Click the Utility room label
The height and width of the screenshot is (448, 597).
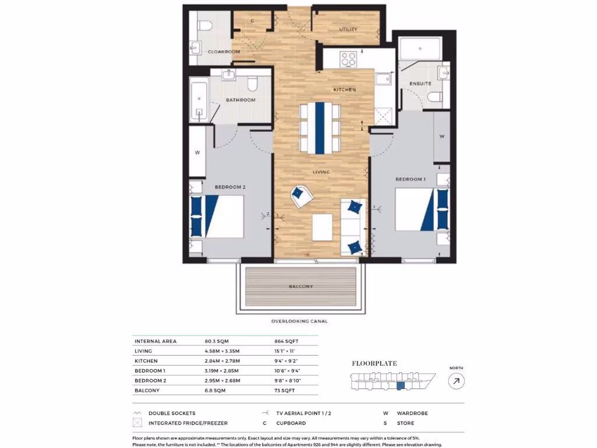click(x=348, y=29)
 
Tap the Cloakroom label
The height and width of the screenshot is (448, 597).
click(x=224, y=52)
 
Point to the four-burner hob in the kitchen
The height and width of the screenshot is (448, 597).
click(x=349, y=59)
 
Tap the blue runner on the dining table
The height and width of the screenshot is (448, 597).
click(x=319, y=128)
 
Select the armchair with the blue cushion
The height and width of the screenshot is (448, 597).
click(x=301, y=195)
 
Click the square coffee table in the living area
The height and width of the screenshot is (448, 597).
click(x=322, y=228)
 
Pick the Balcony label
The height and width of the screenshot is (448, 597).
click(x=301, y=286)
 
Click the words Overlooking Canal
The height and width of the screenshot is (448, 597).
click(x=299, y=321)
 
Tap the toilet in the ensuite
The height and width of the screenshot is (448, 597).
click(x=434, y=96)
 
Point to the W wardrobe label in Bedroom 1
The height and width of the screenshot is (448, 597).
click(x=442, y=136)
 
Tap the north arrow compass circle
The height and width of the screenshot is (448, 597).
click(x=456, y=381)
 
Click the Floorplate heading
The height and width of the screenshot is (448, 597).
click(x=374, y=363)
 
